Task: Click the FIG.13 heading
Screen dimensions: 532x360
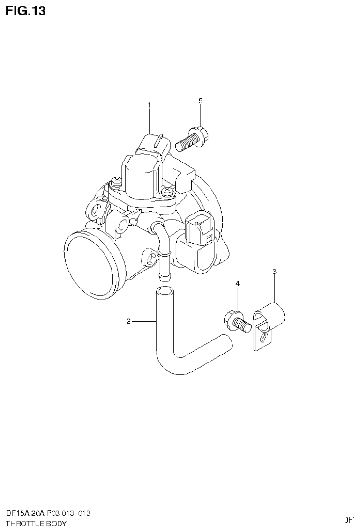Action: (25, 11)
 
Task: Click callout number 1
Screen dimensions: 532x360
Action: (150, 105)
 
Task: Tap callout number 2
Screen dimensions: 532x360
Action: (128, 321)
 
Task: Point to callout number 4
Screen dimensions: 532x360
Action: (238, 284)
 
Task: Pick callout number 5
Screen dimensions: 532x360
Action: (200, 101)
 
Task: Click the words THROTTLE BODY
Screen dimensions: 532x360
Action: (36, 523)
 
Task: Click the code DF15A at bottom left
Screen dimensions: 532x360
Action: (16, 513)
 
